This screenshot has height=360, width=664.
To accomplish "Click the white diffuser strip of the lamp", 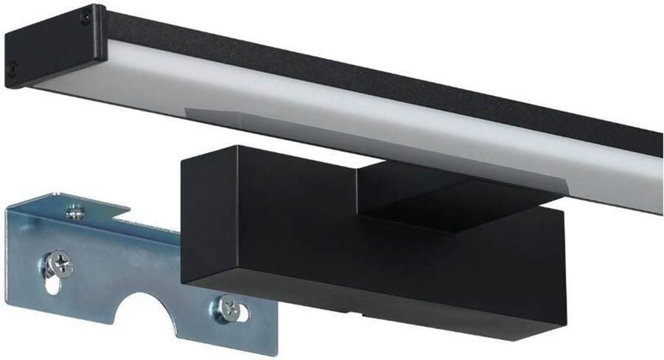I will coord(369,125).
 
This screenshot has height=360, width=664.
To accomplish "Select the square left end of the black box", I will coord(213,213).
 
